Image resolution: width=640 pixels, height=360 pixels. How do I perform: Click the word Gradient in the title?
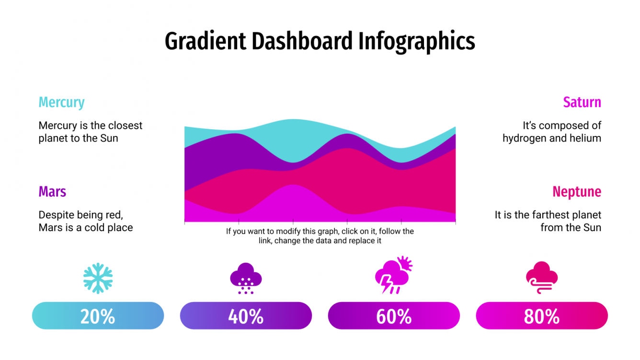[206, 42]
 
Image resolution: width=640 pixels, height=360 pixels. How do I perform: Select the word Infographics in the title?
[417, 42]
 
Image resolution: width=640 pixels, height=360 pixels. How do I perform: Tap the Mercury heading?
[61, 102]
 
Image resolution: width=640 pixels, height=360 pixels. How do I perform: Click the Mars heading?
[52, 192]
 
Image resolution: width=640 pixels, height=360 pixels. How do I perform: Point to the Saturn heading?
[582, 102]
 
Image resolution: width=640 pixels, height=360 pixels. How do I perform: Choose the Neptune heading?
[576, 192]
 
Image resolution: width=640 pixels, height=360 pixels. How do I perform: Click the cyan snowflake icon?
[98, 278]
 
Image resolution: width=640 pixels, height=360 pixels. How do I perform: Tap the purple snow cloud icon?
[246, 278]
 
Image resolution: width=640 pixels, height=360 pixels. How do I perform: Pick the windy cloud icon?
[542, 277]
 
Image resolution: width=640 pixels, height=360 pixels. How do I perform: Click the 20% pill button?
[98, 316]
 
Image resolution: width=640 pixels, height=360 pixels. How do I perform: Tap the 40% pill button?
[246, 316]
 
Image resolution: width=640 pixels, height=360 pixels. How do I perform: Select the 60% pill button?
[394, 316]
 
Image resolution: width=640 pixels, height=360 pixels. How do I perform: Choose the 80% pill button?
[542, 316]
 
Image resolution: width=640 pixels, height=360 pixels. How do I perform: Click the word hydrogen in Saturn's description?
[524, 138]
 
